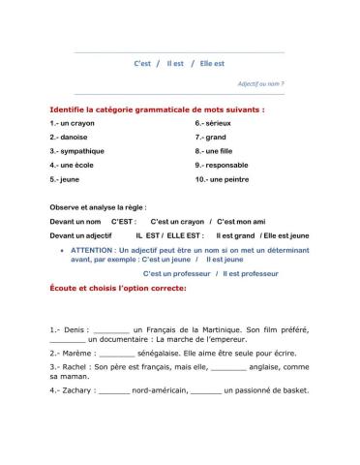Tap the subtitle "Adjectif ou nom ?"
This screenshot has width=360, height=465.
(x=261, y=83)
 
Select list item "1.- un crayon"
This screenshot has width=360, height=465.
(x=70, y=124)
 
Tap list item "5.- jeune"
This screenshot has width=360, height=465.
(x=63, y=179)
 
